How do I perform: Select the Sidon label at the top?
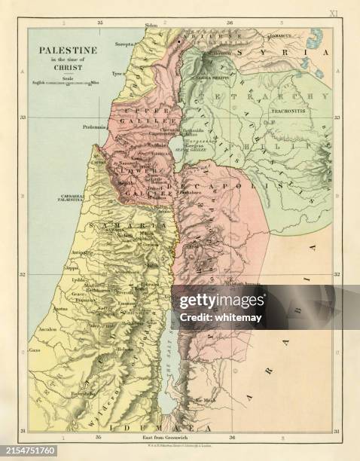pyautogui.click(x=151, y=25)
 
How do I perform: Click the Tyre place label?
pyautogui.click(x=117, y=74)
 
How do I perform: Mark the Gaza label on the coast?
pyautogui.click(x=35, y=352)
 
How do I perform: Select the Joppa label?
pyautogui.click(x=72, y=267)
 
